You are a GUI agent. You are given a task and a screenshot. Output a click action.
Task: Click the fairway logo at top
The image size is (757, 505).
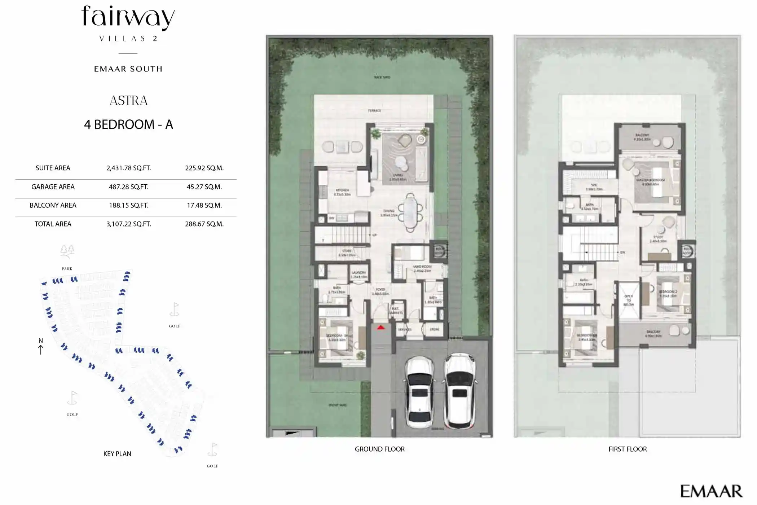point(128,18)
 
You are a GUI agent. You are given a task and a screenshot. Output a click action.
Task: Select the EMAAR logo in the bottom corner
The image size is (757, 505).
point(710,491)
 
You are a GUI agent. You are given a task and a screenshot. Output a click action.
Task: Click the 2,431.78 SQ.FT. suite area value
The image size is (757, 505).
point(128,168)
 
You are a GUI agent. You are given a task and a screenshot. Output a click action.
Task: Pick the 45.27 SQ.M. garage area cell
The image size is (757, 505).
point(204,187)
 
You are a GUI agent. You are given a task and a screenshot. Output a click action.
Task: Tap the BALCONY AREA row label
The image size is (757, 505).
point(53,206)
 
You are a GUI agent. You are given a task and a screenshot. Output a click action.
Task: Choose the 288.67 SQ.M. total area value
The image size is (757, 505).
point(204,224)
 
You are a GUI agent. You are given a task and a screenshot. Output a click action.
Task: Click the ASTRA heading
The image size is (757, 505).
point(128,101)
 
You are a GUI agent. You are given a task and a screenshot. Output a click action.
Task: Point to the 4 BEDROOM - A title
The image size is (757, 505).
point(128,125)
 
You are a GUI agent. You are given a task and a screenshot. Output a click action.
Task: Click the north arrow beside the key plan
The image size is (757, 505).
point(41,346)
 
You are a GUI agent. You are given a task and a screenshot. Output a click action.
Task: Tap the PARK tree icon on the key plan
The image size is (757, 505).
point(67,251)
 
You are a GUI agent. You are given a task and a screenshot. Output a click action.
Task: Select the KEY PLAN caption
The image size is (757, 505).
point(117,454)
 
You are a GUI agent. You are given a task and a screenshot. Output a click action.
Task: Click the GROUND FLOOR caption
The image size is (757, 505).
point(379,449)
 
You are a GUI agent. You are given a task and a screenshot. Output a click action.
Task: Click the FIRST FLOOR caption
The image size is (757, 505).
point(627,449)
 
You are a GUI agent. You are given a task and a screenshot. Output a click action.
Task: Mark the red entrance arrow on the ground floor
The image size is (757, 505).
point(381,328)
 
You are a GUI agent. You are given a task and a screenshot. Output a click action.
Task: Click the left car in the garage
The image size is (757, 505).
point(419,392)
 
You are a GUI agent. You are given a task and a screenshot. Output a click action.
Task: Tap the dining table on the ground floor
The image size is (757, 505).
point(410,213)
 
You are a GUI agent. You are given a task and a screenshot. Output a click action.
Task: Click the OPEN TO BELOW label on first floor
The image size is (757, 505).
point(629,300)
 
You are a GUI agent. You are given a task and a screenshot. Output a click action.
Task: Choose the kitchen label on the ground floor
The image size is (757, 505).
point(342,192)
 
